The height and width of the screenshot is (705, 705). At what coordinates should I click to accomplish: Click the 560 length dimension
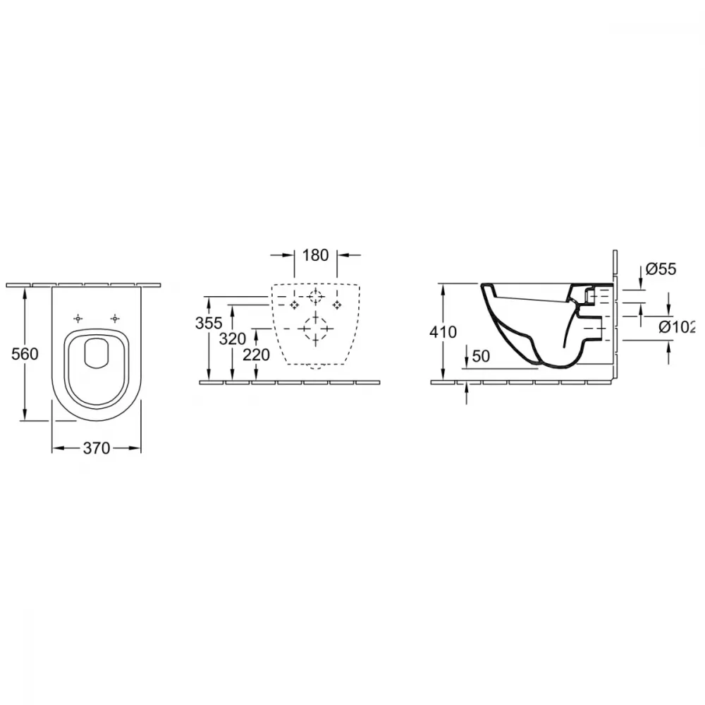pyautogui.click(x=25, y=355)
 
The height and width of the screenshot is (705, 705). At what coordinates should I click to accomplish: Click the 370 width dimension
pyautogui.click(x=96, y=448)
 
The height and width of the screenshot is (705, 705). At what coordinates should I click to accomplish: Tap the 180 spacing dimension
pyautogui.click(x=315, y=255)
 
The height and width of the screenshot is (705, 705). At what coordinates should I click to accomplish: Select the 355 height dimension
pyautogui.click(x=209, y=323)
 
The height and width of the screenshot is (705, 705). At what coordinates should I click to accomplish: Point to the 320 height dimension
pyautogui.click(x=233, y=338)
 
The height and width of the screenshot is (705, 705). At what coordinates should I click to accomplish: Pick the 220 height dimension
pyautogui.click(x=257, y=355)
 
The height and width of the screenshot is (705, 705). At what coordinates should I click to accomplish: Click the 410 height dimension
pyautogui.click(x=443, y=332)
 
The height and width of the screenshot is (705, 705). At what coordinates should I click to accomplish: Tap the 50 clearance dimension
pyautogui.click(x=481, y=356)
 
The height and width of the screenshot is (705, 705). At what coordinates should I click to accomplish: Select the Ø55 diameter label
pyautogui.click(x=661, y=269)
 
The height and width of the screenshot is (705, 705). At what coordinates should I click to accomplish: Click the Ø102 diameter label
pyautogui.click(x=677, y=327)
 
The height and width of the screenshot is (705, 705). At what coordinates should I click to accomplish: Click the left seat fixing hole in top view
pyautogui.click(x=78, y=319)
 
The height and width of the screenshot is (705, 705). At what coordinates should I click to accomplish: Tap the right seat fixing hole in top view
pyautogui.click(x=115, y=319)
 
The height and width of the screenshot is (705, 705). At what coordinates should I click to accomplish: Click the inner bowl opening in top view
pyautogui.click(x=97, y=353)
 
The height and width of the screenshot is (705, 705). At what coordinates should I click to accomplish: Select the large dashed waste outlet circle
pyautogui.click(x=315, y=329)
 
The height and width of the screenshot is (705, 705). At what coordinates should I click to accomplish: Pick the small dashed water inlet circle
pyautogui.click(x=315, y=297)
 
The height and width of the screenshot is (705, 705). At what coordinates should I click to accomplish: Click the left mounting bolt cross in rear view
pyautogui.click(x=294, y=305)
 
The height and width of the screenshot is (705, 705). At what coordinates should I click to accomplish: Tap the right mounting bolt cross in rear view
pyautogui.click(x=337, y=305)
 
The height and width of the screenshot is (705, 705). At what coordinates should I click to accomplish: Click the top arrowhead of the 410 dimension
pyautogui.click(x=443, y=290)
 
